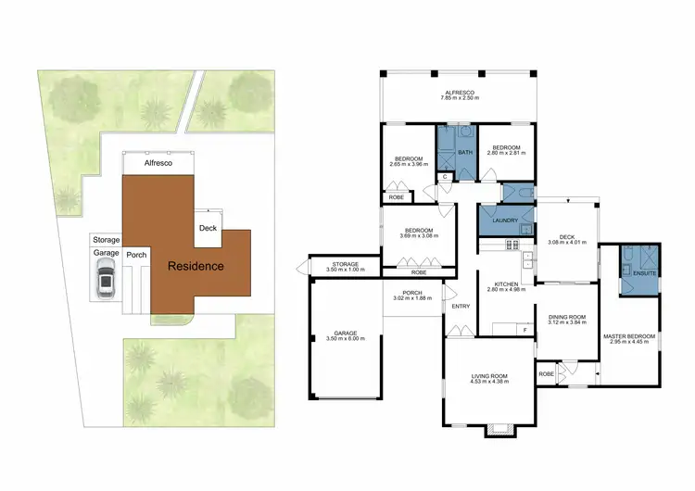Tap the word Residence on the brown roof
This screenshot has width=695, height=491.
[x=195, y=266]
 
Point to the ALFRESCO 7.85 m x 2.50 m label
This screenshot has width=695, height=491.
[x=459, y=96]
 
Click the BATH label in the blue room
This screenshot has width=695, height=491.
[x=465, y=152]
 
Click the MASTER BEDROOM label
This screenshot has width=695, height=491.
[x=628, y=339]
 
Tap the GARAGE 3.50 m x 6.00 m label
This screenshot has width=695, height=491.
[x=346, y=336]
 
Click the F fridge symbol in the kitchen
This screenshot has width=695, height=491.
[x=524, y=329]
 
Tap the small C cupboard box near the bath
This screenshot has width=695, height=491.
[x=445, y=176]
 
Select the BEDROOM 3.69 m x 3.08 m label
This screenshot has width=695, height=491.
[x=419, y=233]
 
